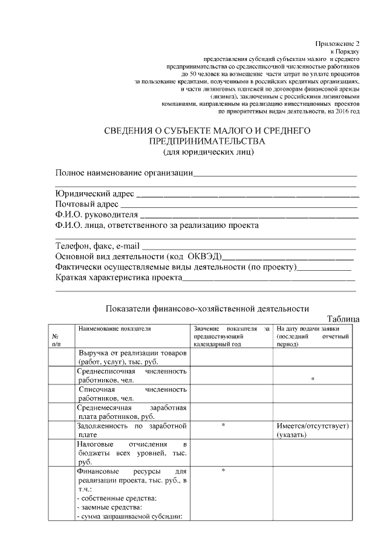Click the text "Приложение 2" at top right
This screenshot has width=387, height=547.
pyautogui.click(x=337, y=44)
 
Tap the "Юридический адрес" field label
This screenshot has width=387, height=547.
pyautogui.click(x=94, y=194)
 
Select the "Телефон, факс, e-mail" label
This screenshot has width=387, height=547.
pyautogui.click(x=97, y=246)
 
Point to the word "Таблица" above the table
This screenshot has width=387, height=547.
pyautogui.click(x=343, y=319)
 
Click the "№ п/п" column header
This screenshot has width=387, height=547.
pyautogui.click(x=55, y=339)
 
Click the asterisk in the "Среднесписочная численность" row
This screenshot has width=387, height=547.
pyautogui.click(x=312, y=379)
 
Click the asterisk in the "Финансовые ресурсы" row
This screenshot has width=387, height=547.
pyautogui.click(x=223, y=470)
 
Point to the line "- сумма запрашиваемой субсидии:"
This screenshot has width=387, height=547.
pyautogui.click(x=130, y=515)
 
